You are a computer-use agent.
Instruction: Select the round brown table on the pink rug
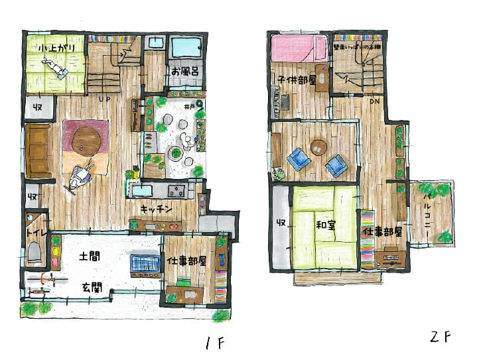click(86, 139)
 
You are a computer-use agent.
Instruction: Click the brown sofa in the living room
click(39, 150)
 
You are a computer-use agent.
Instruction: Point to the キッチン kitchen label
click(157, 209)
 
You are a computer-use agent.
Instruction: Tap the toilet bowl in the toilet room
click(34, 253)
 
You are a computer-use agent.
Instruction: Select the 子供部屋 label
click(292, 81)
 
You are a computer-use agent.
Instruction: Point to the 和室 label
click(325, 225)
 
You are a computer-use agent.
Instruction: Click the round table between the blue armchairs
click(319, 147)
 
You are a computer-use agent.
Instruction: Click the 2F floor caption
click(439, 337)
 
